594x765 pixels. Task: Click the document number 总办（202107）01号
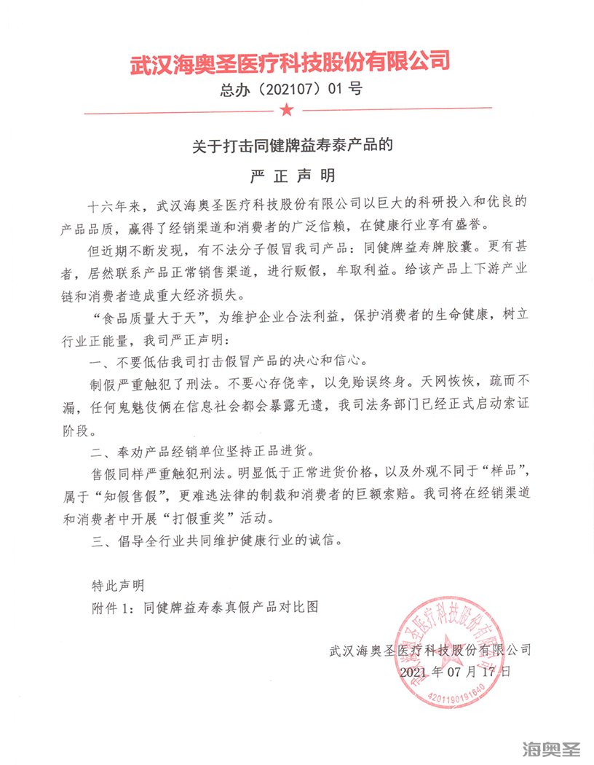[x=290, y=91]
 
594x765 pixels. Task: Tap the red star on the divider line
[x=286, y=110]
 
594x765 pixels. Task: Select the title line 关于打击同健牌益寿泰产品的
[x=292, y=144]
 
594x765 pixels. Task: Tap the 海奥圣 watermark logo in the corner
[x=553, y=748]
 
